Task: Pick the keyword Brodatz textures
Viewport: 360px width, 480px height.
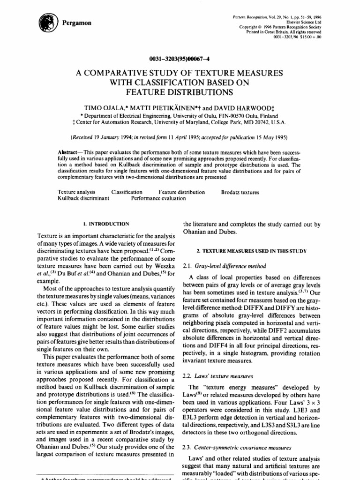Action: tap(240, 192)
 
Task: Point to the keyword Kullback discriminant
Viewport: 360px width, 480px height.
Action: tap(83, 198)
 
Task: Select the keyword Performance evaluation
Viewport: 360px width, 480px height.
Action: tap(158, 198)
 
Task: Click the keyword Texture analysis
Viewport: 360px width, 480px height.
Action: tap(76, 192)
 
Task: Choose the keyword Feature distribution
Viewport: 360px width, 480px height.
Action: tap(181, 192)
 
